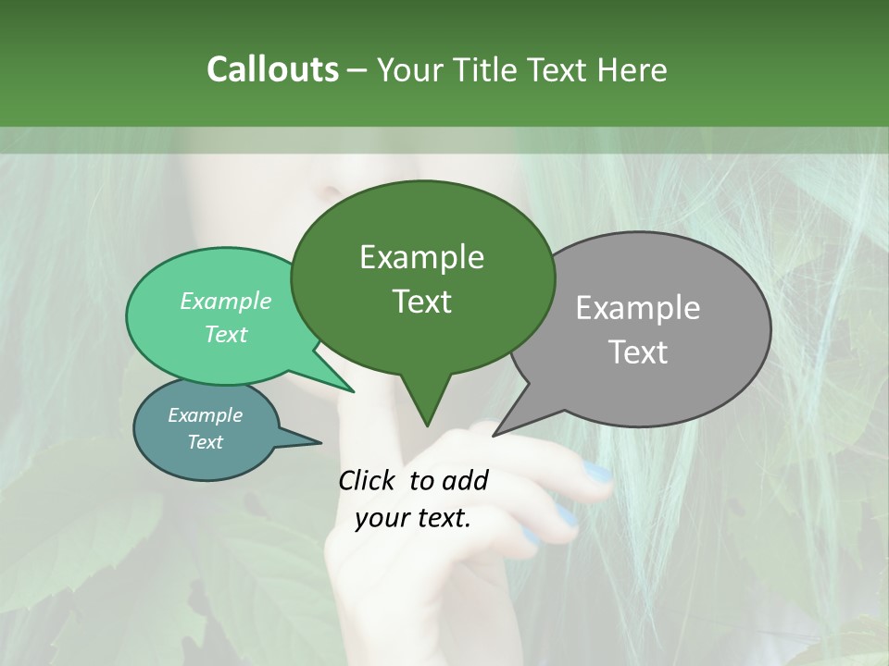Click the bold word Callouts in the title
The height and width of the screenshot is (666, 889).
(x=272, y=69)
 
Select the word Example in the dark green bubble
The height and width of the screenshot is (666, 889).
(x=421, y=257)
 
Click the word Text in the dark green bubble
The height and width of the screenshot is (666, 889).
(x=421, y=302)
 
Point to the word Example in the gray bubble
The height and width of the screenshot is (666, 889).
(x=638, y=308)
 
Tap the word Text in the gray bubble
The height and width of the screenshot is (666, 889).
(x=638, y=352)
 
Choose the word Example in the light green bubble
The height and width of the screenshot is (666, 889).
(x=226, y=301)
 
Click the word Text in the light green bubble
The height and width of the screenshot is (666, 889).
(x=226, y=334)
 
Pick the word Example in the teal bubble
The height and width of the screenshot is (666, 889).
(x=205, y=415)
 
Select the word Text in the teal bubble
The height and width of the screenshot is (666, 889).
(x=205, y=442)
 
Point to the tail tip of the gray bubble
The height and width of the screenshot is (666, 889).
(x=495, y=434)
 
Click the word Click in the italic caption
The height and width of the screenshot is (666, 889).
(x=369, y=480)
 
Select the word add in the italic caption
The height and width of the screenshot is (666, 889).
(x=464, y=480)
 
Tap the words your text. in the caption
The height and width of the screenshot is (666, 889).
(x=413, y=518)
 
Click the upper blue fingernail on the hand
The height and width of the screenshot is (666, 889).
(x=598, y=475)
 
